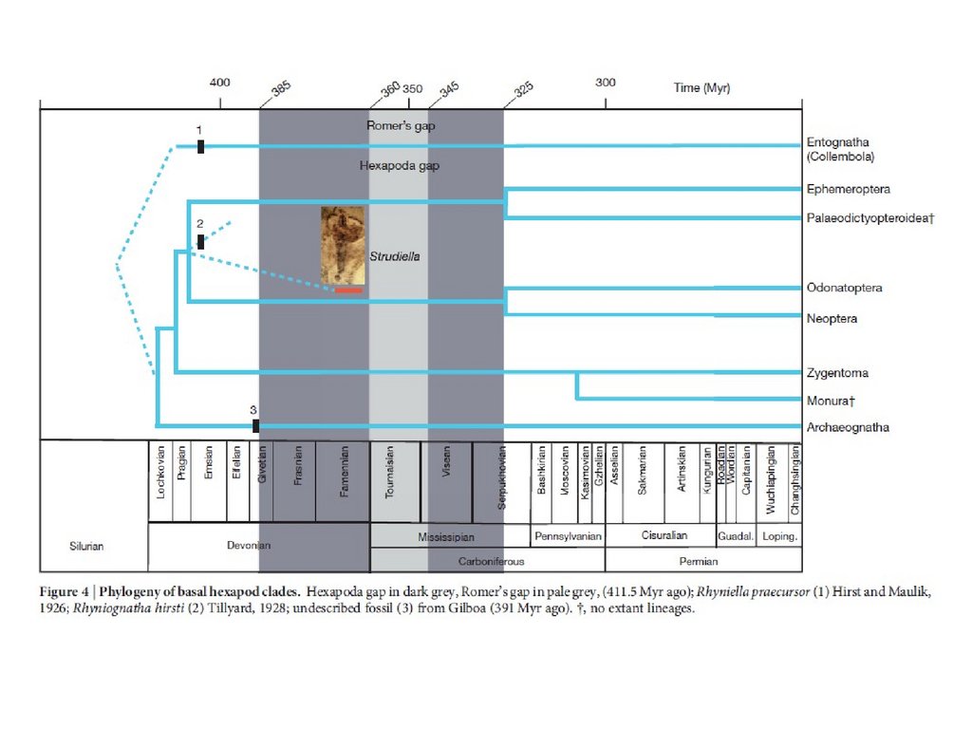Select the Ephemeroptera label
pyautogui.click(x=848, y=190)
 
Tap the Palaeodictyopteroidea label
pyautogui.click(x=870, y=218)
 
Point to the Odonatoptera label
pyautogui.click(x=844, y=288)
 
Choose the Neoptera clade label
pyautogui.click(x=832, y=319)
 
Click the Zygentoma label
pyautogui.click(x=837, y=373)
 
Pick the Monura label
pyautogui.click(x=832, y=401)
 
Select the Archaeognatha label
pyautogui.click(x=848, y=428)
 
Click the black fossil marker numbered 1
pyautogui.click(x=201, y=145)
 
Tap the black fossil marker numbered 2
pyautogui.click(x=200, y=241)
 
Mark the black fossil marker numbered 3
pyautogui.click(x=256, y=425)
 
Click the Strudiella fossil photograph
pyautogui.click(x=344, y=244)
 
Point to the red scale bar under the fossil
pyautogui.click(x=348, y=290)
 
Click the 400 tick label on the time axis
pyautogui.click(x=219, y=84)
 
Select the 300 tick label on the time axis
pyautogui.click(x=605, y=84)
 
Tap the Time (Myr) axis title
pyautogui.click(x=701, y=88)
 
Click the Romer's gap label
pyautogui.click(x=401, y=126)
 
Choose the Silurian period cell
pyautogui.click(x=86, y=547)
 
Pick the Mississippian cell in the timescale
pyautogui.click(x=446, y=537)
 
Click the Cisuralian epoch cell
pyautogui.click(x=664, y=536)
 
